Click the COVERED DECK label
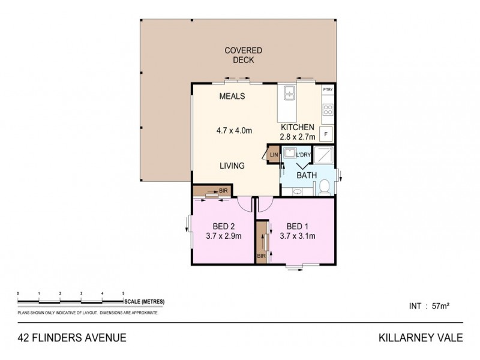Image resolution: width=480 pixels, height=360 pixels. (x=239, y=55)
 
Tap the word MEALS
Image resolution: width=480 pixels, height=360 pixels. (x=232, y=97)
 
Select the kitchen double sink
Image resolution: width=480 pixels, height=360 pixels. (x=289, y=92)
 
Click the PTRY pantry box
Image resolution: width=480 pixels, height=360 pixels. (x=328, y=90)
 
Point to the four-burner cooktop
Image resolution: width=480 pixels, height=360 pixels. (x=328, y=110)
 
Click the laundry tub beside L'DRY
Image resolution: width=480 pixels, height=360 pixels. (x=290, y=154)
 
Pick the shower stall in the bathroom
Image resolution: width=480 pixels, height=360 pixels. (x=323, y=156)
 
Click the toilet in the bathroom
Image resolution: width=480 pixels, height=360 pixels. (x=323, y=187)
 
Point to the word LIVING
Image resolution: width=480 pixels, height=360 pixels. (x=232, y=166)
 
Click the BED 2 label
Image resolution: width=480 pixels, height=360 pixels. (x=223, y=226)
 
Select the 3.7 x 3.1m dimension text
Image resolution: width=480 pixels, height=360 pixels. (x=298, y=236)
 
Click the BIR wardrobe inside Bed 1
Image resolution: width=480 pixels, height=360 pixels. (x=262, y=244)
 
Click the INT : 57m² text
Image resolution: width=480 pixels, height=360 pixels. (x=428, y=305)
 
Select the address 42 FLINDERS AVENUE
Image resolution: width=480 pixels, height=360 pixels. (x=71, y=338)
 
